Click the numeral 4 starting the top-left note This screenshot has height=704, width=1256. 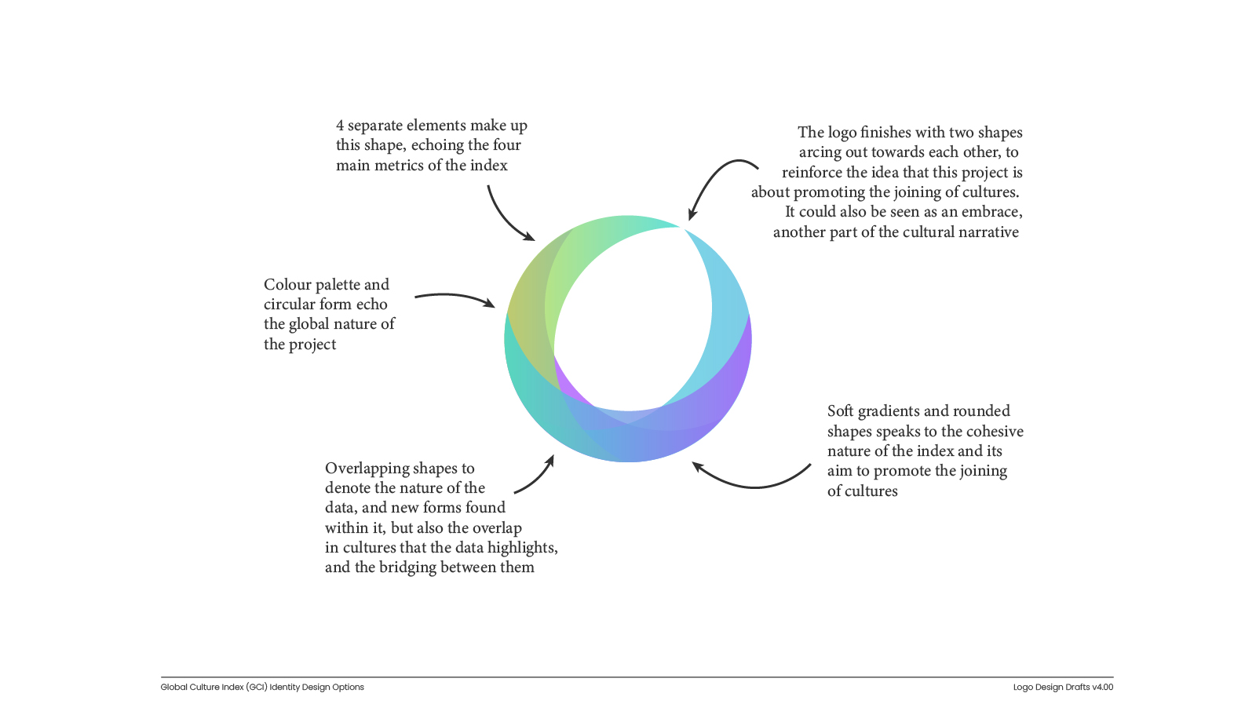point(340,126)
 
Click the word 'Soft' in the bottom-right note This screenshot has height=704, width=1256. point(840,411)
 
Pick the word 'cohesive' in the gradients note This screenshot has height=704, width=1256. point(994,432)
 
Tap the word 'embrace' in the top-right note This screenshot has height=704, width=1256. point(991,212)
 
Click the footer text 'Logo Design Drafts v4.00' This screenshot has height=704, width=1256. point(1063,688)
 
